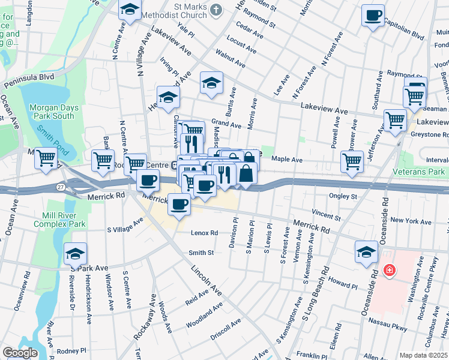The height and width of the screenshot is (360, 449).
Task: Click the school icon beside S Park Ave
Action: point(76,254)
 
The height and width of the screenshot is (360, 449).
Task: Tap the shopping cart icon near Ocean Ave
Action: point(46,158)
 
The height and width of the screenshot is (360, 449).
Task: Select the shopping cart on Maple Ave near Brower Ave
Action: point(352,161)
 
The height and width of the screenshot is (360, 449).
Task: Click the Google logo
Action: point(20,353)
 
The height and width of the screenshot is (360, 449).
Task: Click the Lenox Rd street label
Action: point(204,233)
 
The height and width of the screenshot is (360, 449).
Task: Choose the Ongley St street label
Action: point(343,196)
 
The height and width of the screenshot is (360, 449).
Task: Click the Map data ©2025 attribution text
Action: point(423,355)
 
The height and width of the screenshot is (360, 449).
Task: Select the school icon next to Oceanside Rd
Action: point(366,252)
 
